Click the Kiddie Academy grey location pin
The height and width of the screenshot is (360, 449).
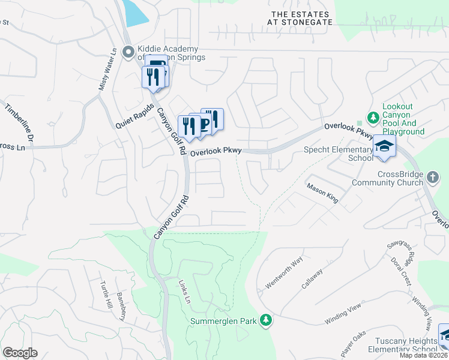[127, 52]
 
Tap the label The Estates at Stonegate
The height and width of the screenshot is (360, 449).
[301, 18]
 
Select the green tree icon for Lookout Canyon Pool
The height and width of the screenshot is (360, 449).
[372, 116]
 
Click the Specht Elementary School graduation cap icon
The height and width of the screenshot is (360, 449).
[384, 147]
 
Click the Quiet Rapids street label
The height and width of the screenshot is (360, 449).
[136, 115]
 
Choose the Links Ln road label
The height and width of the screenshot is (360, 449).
[184, 291]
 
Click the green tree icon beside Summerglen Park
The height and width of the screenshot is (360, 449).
[265, 321]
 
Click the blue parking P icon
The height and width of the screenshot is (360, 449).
[204, 124]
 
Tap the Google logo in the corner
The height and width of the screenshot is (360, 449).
[20, 352]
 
